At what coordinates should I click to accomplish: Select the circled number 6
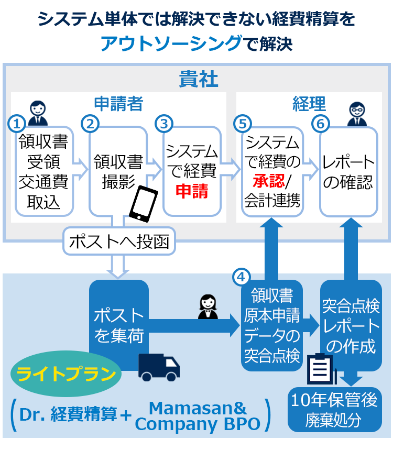pyautogui.click(x=320, y=124)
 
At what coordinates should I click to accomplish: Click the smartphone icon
pyautogui.click(x=143, y=204)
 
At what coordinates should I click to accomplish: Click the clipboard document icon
pyautogui.click(x=320, y=369)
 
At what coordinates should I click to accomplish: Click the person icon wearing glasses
pyautogui.click(x=356, y=114)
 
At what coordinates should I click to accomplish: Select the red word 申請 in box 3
pyautogui.click(x=191, y=191)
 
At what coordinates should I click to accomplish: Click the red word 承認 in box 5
pyautogui.click(x=268, y=181)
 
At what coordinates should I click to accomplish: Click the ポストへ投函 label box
pyautogui.click(x=118, y=242)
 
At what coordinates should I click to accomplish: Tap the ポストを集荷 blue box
pyautogui.click(x=119, y=325)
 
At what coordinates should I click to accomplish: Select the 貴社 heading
pyautogui.click(x=198, y=79)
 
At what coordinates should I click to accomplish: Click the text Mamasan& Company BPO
pyautogui.click(x=198, y=416)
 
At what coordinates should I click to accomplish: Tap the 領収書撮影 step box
pyautogui.click(x=118, y=171)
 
